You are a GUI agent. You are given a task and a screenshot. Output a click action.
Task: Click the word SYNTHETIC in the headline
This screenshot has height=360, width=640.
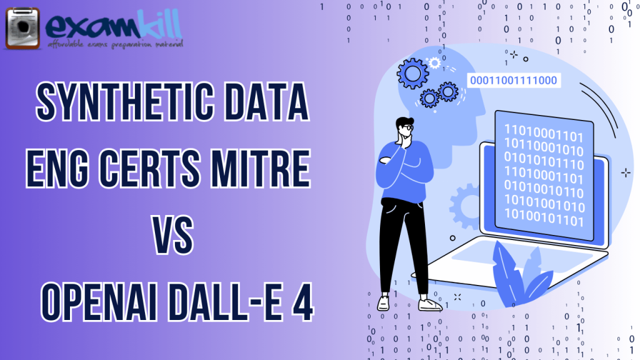125,102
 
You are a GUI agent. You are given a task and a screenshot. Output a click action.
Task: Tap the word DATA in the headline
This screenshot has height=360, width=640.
267,102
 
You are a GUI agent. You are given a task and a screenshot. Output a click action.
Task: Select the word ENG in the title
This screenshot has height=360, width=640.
57,168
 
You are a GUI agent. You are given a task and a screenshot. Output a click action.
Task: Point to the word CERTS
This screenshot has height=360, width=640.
150,168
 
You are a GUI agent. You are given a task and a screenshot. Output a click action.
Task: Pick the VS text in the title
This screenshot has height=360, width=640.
173,235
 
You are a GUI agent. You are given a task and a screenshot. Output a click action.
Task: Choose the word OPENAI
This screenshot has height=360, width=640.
99,302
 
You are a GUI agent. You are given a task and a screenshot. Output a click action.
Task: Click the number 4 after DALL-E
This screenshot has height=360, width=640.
302,302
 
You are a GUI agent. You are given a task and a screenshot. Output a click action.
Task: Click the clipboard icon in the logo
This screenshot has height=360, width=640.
23,29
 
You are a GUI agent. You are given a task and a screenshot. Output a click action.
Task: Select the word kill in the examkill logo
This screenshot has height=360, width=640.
159,24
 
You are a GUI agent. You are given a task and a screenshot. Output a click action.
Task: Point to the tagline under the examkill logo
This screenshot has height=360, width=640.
115,44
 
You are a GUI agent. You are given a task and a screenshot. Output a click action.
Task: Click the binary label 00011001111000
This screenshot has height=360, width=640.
514,81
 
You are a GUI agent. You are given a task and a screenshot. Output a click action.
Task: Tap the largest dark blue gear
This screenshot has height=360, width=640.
412,74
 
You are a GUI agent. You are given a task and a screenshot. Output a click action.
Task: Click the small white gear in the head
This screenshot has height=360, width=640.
434,63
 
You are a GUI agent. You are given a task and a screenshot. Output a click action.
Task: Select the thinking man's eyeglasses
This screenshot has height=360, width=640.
407,127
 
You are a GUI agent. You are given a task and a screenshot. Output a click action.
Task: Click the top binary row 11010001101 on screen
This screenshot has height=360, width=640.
544,134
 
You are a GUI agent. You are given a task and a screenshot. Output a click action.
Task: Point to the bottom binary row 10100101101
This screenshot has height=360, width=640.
544,217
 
